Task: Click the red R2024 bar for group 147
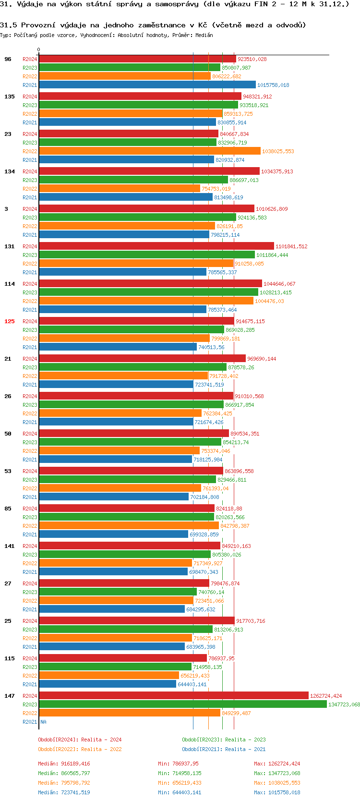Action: pyautogui.click(x=173, y=695)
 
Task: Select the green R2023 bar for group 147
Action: pyautogui.click(x=182, y=704)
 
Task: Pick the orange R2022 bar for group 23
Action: pyautogui.click(x=149, y=151)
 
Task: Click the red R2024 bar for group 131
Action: pyautogui.click(x=156, y=246)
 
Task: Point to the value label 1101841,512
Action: pyautogui.click(x=291, y=246)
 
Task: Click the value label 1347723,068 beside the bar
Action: pyautogui.click(x=344, y=704)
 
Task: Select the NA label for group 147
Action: pyautogui.click(x=43, y=722)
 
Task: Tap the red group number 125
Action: pyautogui.click(x=10, y=321)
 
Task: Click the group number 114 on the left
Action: pyautogui.click(x=10, y=284)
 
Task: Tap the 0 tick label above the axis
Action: pyautogui.click(x=39, y=49)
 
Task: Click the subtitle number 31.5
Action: pyautogui.click(x=8, y=25)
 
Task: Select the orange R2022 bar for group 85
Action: pyautogui.click(x=129, y=526)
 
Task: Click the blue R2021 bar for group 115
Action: pyautogui.click(x=108, y=684)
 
